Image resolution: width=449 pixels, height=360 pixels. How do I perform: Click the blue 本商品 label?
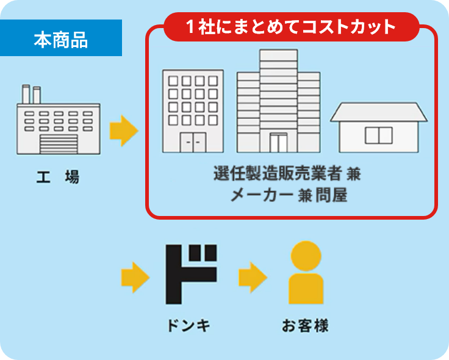click(61, 38)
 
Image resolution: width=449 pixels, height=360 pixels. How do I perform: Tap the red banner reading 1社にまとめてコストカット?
click(291, 27)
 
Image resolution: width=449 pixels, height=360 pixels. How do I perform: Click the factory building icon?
click(59, 120)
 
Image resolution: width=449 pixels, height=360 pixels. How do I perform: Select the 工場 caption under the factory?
click(58, 177)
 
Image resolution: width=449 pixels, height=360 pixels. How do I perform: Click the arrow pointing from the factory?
click(124, 131)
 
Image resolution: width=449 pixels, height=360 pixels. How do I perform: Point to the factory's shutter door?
click(59, 144)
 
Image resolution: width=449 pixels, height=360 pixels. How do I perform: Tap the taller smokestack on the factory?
click(26, 94)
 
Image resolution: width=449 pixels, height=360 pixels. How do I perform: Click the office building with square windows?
click(193, 111)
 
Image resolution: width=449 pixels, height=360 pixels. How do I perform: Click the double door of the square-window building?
click(193, 142)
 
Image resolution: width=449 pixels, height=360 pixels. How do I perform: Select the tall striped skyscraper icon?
click(279, 101)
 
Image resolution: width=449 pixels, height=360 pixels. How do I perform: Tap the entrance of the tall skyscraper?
click(278, 143)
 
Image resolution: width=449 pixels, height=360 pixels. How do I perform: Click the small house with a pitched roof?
click(379, 128)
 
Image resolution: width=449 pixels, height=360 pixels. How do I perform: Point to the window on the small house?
click(379, 135)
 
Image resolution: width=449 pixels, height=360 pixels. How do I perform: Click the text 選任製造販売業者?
click(278, 173)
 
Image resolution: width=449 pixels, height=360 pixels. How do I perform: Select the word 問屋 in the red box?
click(332, 195)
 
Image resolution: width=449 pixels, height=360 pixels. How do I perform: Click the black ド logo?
click(191, 274)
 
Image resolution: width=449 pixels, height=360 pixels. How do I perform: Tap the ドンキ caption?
click(189, 326)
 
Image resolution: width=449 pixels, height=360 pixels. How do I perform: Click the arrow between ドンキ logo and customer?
click(253, 277)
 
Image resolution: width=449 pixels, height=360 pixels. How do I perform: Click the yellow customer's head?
click(306, 256)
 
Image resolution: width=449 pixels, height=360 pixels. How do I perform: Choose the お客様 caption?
click(305, 326)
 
